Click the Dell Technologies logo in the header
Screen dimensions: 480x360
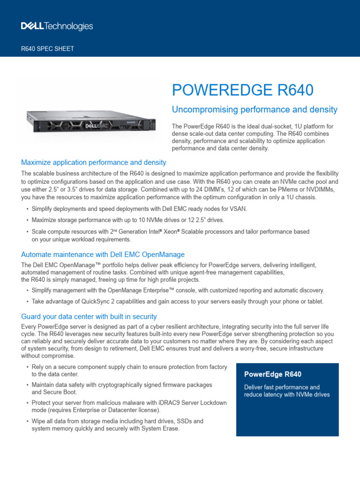point(57,26)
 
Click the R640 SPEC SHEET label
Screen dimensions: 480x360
point(48,49)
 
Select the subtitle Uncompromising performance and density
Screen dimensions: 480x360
point(255,110)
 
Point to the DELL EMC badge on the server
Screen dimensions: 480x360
point(96,126)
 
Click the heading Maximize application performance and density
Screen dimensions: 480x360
point(94,163)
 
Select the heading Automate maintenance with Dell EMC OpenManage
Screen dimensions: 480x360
point(103,255)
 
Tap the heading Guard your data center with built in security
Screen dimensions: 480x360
point(89,316)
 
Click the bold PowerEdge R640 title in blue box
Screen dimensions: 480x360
point(273,374)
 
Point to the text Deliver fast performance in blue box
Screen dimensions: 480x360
point(282,387)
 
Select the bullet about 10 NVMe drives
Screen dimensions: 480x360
point(127,220)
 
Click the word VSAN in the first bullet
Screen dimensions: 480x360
point(237,209)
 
